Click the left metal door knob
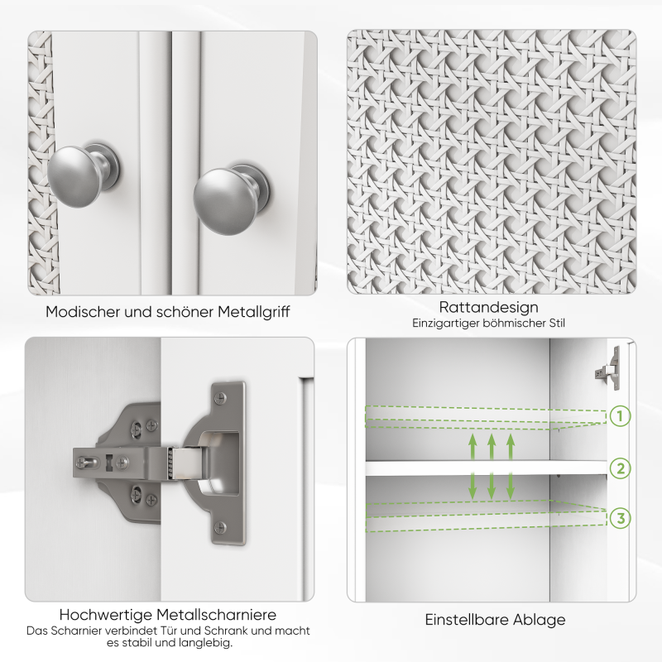pyautogui.click(x=76, y=170)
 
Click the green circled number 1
pyautogui.click(x=621, y=415)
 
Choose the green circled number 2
pyautogui.click(x=621, y=469)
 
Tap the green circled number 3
pyautogui.click(x=621, y=519)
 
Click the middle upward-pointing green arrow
pyautogui.click(x=492, y=447)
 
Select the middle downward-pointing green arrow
pyautogui.click(x=492, y=485)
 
